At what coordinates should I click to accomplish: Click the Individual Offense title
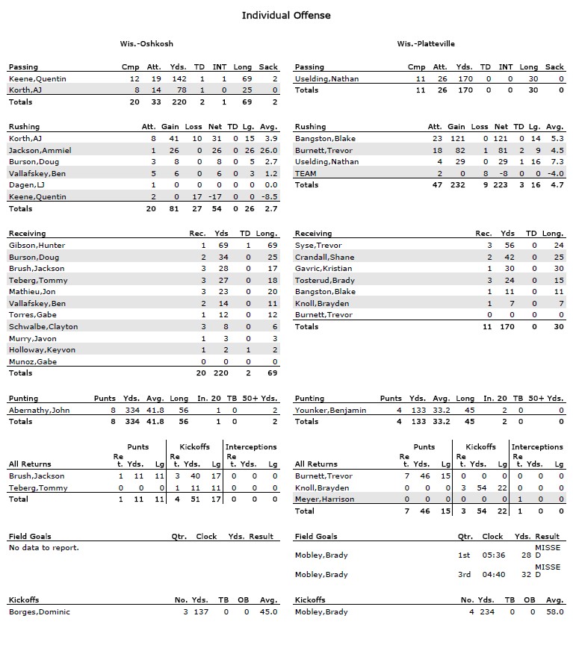tap(286, 15)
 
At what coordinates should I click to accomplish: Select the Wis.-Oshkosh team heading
tap(146, 44)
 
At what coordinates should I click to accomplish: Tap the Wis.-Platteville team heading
tap(426, 44)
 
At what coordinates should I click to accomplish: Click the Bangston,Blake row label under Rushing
tap(325, 138)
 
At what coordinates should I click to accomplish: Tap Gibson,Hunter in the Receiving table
tap(37, 245)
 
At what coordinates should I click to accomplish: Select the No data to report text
tap(44, 548)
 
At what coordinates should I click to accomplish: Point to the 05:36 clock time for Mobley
tap(492, 555)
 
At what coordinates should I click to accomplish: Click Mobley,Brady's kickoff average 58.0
tap(554, 612)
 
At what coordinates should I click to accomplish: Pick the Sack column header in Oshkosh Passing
tap(268, 67)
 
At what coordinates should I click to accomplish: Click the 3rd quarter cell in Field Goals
tap(465, 575)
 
